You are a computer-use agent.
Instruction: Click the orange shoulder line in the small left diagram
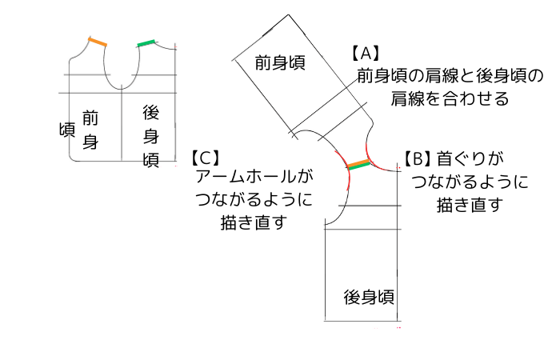pyautogui.click(x=98, y=42)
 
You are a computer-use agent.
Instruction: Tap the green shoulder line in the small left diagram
pyautogui.click(x=147, y=42)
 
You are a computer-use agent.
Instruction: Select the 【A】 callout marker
pyautogui.click(x=364, y=54)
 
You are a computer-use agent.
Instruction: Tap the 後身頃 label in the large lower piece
pyautogui.click(x=368, y=297)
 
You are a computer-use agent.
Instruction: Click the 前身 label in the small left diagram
pyautogui.click(x=90, y=130)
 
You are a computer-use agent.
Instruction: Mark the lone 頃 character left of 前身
pyautogui.click(x=66, y=130)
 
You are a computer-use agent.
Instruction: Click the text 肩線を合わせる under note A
pyautogui.click(x=450, y=98)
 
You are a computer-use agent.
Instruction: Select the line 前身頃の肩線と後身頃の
pyautogui.click(x=450, y=76)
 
